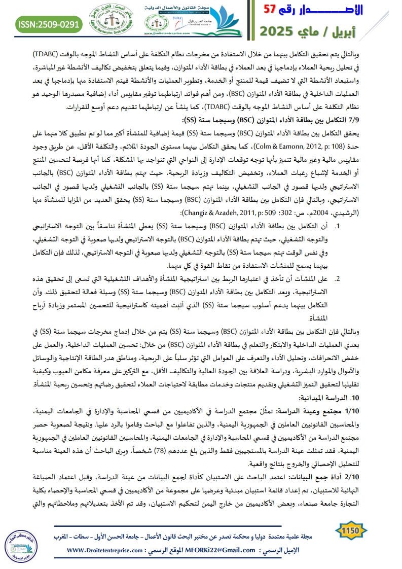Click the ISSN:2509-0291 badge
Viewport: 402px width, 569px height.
tap(49, 23)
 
